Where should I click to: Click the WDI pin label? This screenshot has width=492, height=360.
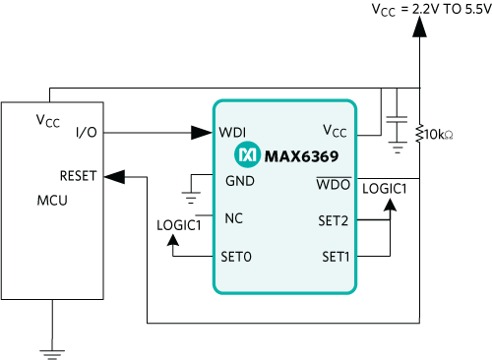232,132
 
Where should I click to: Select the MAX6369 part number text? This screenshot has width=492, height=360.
301,156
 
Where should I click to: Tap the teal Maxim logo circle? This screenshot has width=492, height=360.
247,154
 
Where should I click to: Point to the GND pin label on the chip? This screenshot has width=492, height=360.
240,181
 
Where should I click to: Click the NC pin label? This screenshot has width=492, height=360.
233,218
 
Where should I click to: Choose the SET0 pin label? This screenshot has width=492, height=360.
236,257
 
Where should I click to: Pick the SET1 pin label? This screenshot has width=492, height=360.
336,257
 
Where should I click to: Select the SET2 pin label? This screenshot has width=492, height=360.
333,220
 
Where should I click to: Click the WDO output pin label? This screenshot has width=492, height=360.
334,184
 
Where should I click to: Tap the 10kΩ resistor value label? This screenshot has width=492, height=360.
439,135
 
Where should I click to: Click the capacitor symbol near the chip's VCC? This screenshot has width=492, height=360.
397,120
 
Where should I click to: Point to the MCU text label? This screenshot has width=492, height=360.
52,200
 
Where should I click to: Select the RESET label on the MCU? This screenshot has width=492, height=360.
78,176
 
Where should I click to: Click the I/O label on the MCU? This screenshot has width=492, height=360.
87,132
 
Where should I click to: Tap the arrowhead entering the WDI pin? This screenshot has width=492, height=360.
202,133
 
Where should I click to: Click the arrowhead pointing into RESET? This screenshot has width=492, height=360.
114,177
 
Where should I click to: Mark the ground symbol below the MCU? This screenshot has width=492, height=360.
52,354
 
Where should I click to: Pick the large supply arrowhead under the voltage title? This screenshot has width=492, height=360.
419,27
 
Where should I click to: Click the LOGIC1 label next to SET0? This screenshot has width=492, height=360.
179,225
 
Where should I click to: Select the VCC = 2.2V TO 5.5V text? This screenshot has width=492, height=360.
432,9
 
